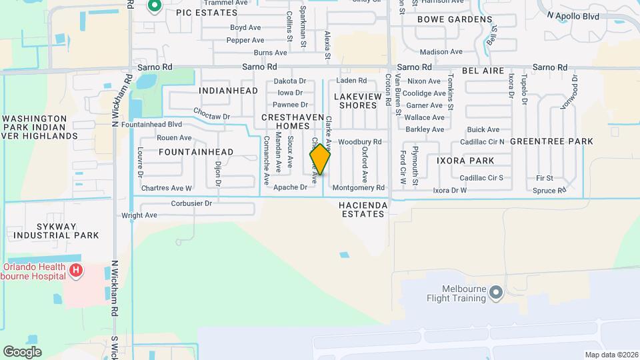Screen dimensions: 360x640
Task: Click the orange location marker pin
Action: (x=320, y=159)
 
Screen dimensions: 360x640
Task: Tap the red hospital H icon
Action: (x=76, y=270)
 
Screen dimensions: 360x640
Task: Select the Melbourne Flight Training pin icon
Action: (x=495, y=292)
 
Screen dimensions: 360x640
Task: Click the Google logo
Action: (x=22, y=352)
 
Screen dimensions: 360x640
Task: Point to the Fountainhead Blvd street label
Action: (x=152, y=124)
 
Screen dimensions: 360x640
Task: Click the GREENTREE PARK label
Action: (x=551, y=141)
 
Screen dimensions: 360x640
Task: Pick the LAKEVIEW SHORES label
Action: (x=357, y=101)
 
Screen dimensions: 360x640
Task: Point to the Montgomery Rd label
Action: (x=359, y=188)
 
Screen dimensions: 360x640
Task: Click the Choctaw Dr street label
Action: (x=211, y=113)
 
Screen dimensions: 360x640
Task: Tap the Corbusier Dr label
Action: (x=191, y=203)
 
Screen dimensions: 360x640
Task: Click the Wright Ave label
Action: (x=139, y=215)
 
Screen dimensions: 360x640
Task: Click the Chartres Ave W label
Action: (x=167, y=188)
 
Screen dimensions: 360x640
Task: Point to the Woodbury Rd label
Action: (x=359, y=142)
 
